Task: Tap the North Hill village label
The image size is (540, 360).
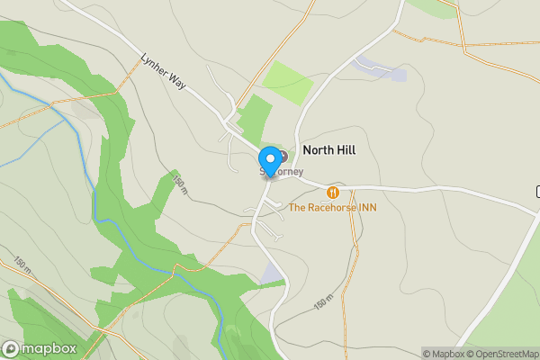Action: (328, 150)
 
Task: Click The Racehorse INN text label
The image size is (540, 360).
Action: (332, 208)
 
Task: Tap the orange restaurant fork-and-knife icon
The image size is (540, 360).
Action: (333, 192)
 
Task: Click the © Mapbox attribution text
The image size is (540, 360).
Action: (441, 354)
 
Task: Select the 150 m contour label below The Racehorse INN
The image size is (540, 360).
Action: (323, 304)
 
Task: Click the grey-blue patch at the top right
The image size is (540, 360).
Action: (382, 68)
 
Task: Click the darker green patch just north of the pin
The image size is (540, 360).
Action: (255, 118)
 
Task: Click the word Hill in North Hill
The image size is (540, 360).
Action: (344, 150)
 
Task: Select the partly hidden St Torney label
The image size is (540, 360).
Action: (286, 172)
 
